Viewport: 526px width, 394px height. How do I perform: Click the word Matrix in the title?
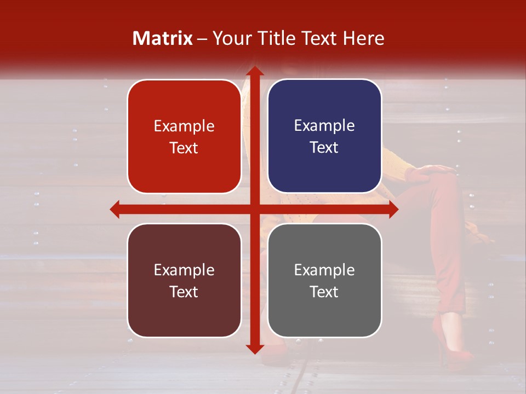(x=163, y=38)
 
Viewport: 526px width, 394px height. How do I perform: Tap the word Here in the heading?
(x=364, y=38)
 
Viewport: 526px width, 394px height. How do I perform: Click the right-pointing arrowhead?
(x=393, y=210)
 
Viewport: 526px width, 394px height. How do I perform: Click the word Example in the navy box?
(x=324, y=126)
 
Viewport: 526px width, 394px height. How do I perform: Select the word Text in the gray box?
(x=324, y=292)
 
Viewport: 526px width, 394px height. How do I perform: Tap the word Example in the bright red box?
(x=184, y=126)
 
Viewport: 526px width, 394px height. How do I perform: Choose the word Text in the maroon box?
(x=184, y=292)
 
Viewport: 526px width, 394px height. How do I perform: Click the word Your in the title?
(x=231, y=38)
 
